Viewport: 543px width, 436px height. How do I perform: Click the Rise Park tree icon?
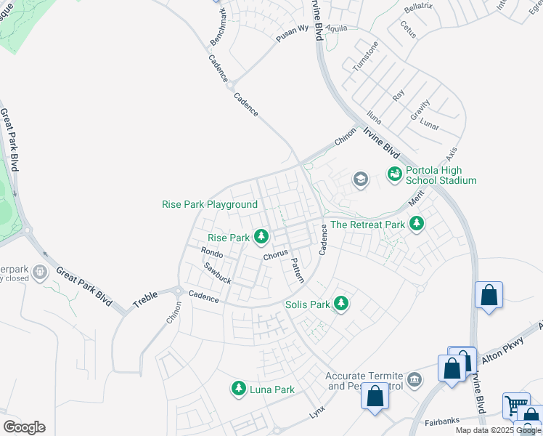261,237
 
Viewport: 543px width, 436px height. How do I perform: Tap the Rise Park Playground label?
209,205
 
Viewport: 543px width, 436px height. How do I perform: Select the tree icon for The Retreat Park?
416,224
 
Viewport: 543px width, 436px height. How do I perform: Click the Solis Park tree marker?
340,304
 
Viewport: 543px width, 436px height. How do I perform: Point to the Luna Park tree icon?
238,389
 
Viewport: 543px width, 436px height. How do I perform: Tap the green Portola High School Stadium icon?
394,174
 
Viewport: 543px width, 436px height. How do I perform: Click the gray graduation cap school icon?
359,179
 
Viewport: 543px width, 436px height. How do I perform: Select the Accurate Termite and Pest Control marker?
415,379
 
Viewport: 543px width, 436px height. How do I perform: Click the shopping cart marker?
516,405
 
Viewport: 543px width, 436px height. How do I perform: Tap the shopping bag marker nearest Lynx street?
375,397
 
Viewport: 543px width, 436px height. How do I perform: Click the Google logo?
24,427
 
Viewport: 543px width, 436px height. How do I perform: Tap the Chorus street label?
275,256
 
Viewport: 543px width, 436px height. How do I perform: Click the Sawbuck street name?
216,274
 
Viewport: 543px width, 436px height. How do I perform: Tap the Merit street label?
415,197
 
